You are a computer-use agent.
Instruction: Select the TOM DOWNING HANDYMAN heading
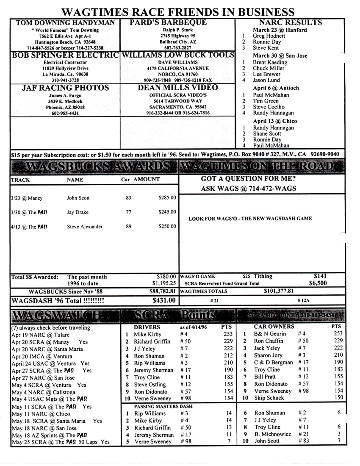(x=65, y=23)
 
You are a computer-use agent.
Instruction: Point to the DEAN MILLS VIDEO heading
(x=178, y=88)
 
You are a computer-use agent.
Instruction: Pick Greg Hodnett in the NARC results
(x=269, y=36)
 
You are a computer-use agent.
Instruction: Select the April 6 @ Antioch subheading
(x=276, y=88)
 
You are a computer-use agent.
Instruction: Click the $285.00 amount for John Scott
(x=167, y=197)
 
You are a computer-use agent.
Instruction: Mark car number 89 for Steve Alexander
(x=129, y=226)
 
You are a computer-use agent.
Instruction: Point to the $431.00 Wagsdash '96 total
(x=164, y=300)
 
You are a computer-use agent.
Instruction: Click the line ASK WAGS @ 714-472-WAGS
(x=248, y=189)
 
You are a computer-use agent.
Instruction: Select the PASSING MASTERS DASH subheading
(x=158, y=406)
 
